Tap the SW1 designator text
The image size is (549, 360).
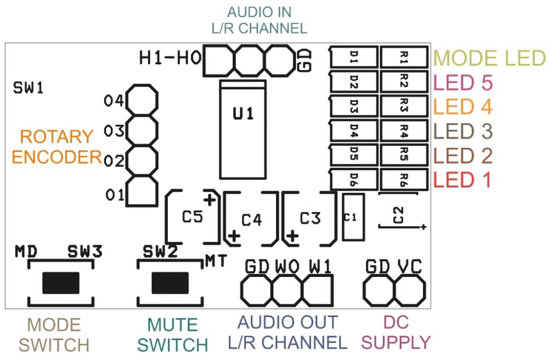pos(28,88)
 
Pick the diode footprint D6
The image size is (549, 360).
pos(354,178)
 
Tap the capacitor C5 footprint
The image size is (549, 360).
pos(192,216)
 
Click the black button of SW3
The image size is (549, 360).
pos(61,282)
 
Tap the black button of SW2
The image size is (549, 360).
pos(170,282)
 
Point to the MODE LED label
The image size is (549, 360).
pos(489,58)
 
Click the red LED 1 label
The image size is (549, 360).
pos(462,180)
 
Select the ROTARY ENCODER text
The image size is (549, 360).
pos(56,147)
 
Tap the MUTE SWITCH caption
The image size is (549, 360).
pos(172,334)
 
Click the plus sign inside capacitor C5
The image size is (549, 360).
pos(210,200)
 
